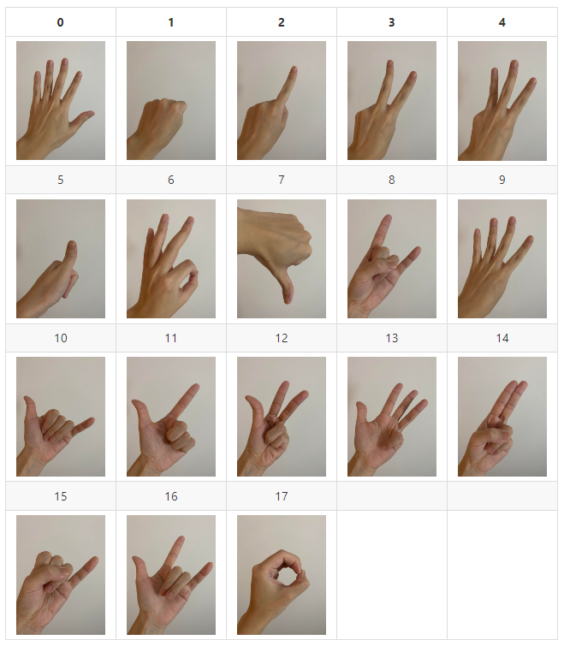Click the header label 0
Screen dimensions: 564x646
point(61,22)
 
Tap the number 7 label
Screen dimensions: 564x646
point(282,180)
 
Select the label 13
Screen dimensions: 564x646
point(392,338)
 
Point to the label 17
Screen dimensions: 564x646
point(282,496)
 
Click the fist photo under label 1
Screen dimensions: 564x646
point(171,100)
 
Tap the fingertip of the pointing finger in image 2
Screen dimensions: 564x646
point(294,68)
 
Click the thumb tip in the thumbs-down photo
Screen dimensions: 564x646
point(287,300)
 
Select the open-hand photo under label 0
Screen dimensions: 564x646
point(61,100)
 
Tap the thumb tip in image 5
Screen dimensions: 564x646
point(72,244)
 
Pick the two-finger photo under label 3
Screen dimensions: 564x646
point(392,100)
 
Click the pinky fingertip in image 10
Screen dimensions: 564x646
point(92,421)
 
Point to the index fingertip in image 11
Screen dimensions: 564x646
point(195,387)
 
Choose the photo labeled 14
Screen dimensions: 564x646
point(502,417)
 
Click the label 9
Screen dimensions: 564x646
point(502,180)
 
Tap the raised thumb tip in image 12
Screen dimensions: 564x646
point(248,399)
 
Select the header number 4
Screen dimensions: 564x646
point(502,22)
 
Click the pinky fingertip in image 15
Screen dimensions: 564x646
point(95,560)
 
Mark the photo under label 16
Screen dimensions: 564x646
point(171,575)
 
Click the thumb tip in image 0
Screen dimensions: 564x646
point(91,113)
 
